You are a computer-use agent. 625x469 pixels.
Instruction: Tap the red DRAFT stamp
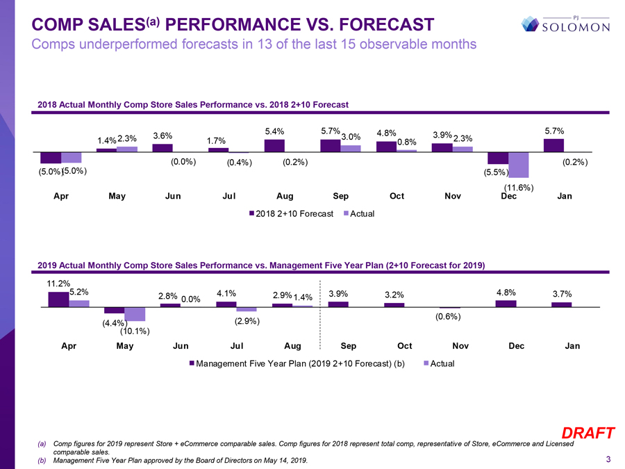pyautogui.click(x=588, y=434)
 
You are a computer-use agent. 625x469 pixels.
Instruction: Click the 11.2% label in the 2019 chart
pyautogui.click(x=58, y=283)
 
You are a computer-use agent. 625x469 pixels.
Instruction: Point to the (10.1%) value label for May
pyautogui.click(x=136, y=331)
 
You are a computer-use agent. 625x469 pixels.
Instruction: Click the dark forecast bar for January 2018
pyautogui.click(x=553, y=145)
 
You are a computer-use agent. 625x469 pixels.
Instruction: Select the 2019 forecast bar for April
pyautogui.click(x=58, y=299)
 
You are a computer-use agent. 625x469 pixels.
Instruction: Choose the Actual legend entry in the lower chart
pyautogui.click(x=439, y=364)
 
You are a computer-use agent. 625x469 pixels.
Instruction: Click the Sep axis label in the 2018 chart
pyautogui.click(x=340, y=197)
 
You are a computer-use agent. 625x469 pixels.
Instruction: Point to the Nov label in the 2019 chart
pyautogui.click(x=460, y=346)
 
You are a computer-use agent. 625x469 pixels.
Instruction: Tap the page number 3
pyautogui.click(x=608, y=459)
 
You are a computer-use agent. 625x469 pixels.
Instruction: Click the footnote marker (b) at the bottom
pyautogui.click(x=42, y=461)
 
